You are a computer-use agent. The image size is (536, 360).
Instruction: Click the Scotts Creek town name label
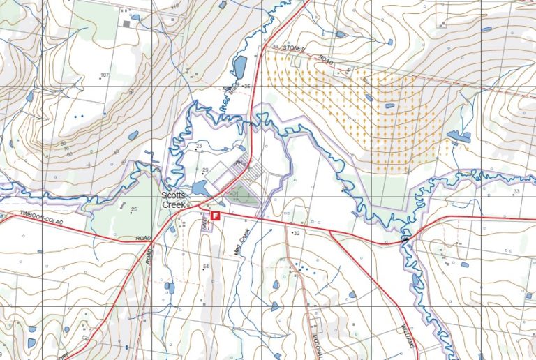coord(174,200)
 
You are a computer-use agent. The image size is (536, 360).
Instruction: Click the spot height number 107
coord(105,75)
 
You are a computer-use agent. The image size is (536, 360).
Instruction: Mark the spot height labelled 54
coord(206,267)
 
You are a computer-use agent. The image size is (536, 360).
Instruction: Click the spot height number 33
coord(516,191)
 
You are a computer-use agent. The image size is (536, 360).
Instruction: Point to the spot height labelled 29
coord(205,170)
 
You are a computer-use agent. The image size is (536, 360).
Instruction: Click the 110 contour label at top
coord(174,6)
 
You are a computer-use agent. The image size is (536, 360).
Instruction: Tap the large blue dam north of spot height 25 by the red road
coord(239,68)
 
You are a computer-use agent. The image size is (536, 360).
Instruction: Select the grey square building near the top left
coord(126,24)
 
